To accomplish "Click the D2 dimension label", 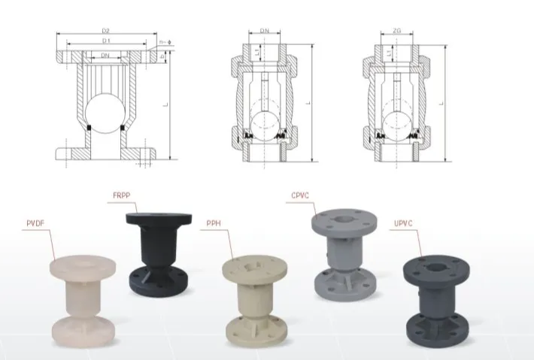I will (105, 31).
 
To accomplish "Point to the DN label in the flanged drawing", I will (105, 56).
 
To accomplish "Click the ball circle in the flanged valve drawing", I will (105, 113).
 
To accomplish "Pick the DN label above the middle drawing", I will (265, 31).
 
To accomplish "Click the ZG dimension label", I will (396, 31).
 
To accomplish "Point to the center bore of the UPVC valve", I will (437, 268).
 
